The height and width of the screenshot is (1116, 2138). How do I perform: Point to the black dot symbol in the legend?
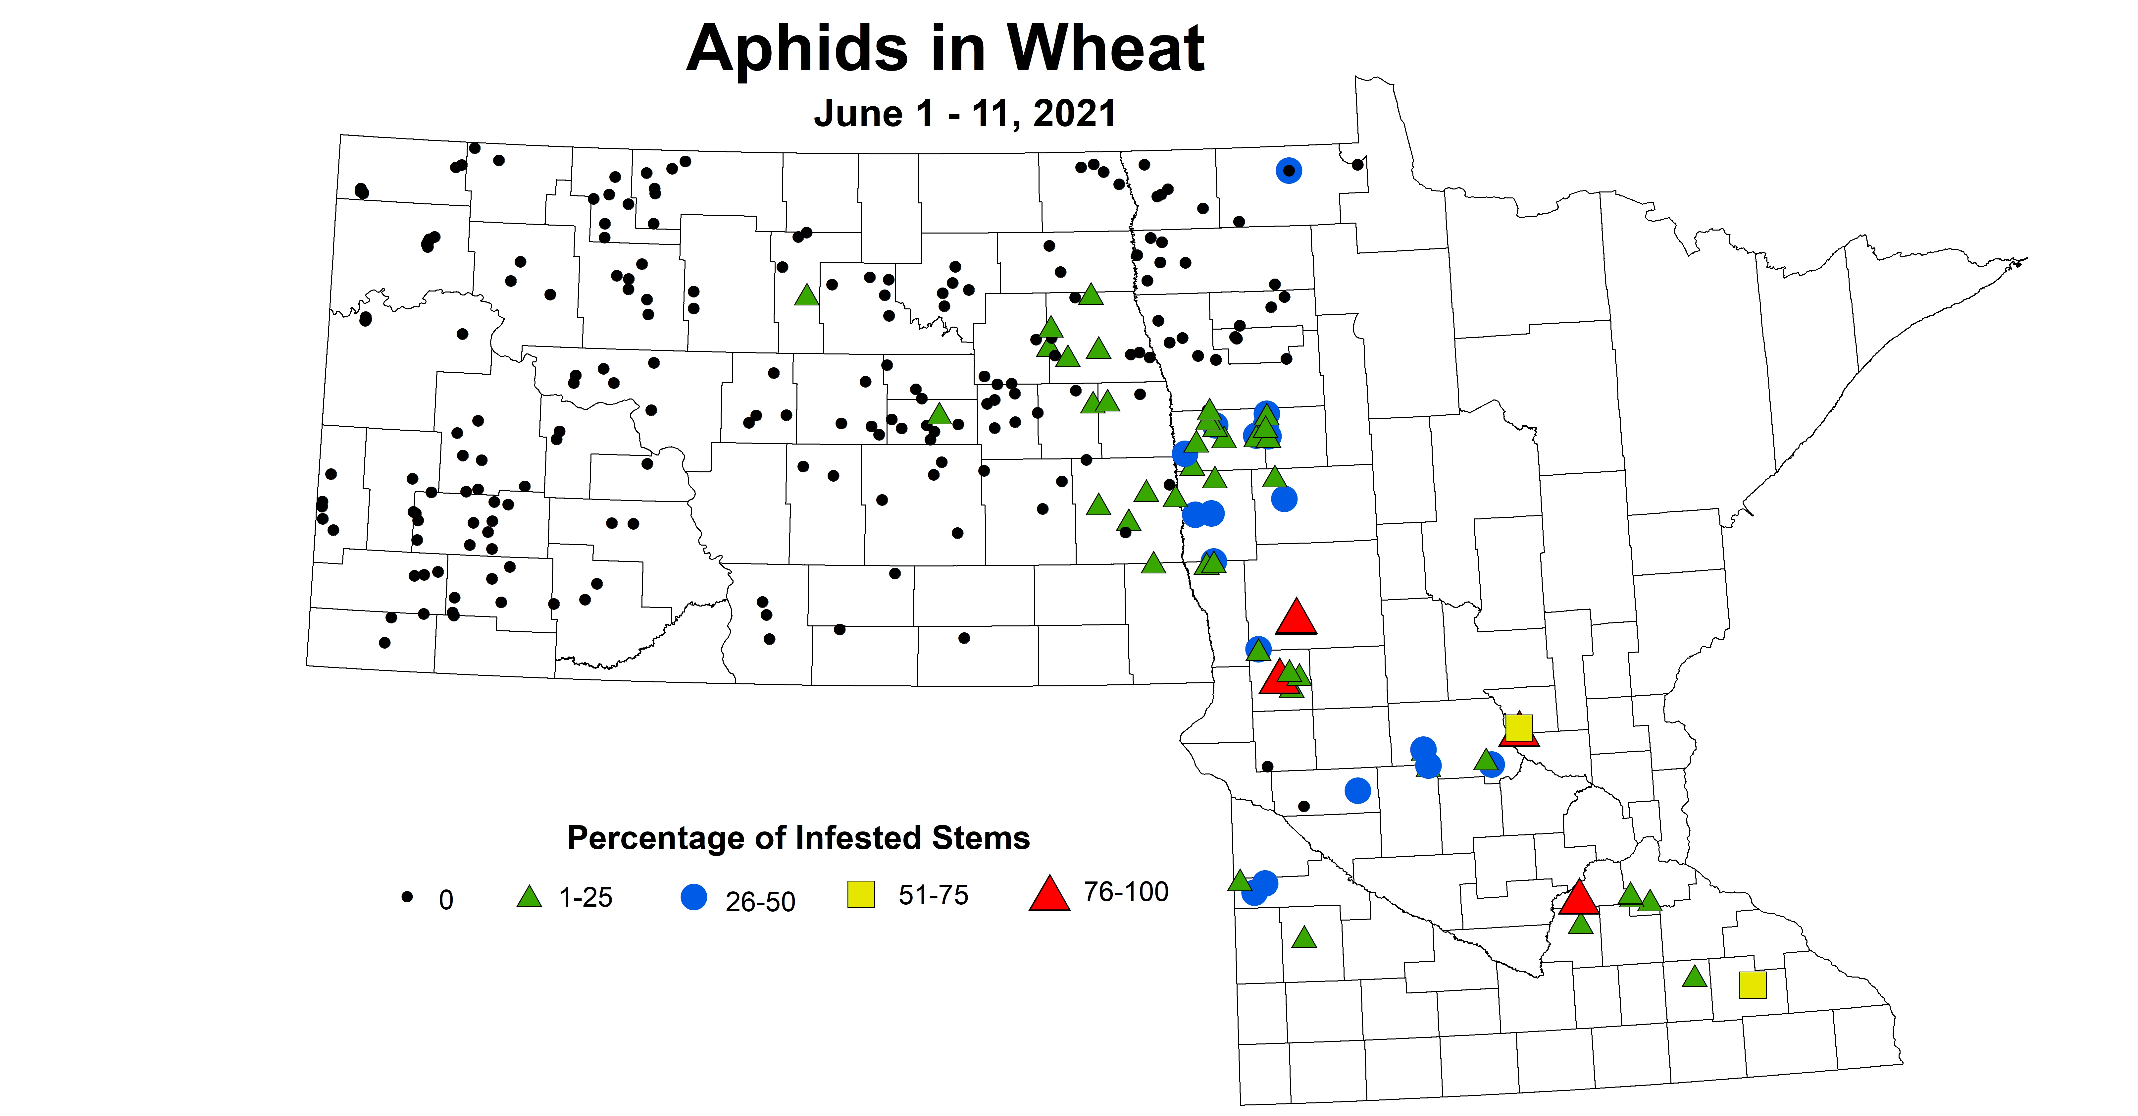click(408, 897)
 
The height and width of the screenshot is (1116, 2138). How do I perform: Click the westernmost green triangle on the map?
click(806, 295)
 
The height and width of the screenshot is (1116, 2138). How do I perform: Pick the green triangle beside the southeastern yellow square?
click(1694, 977)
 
